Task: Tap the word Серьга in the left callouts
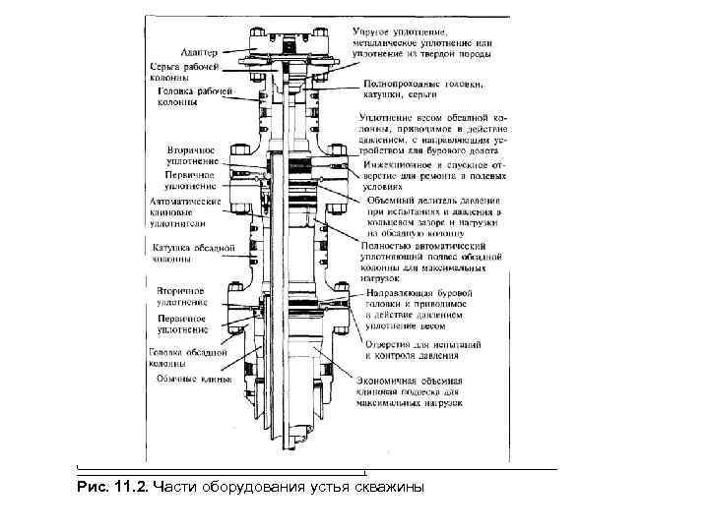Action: [164, 64]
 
